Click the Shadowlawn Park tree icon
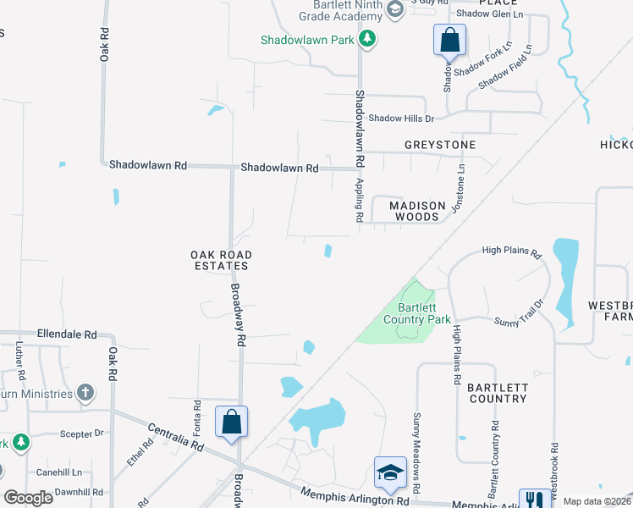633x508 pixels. click(366, 38)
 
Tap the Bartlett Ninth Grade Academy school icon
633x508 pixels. click(394, 9)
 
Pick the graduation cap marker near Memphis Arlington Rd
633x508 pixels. click(389, 472)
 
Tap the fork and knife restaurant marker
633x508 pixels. click(534, 500)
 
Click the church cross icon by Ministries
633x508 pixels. click(85, 393)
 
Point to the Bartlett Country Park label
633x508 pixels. click(416, 313)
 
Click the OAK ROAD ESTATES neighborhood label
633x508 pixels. click(221, 260)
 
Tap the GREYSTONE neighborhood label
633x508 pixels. click(439, 145)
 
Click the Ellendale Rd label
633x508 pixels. click(67, 334)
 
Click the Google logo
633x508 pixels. click(29, 497)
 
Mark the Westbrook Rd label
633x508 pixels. click(555, 467)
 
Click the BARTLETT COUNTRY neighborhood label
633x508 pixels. click(498, 393)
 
